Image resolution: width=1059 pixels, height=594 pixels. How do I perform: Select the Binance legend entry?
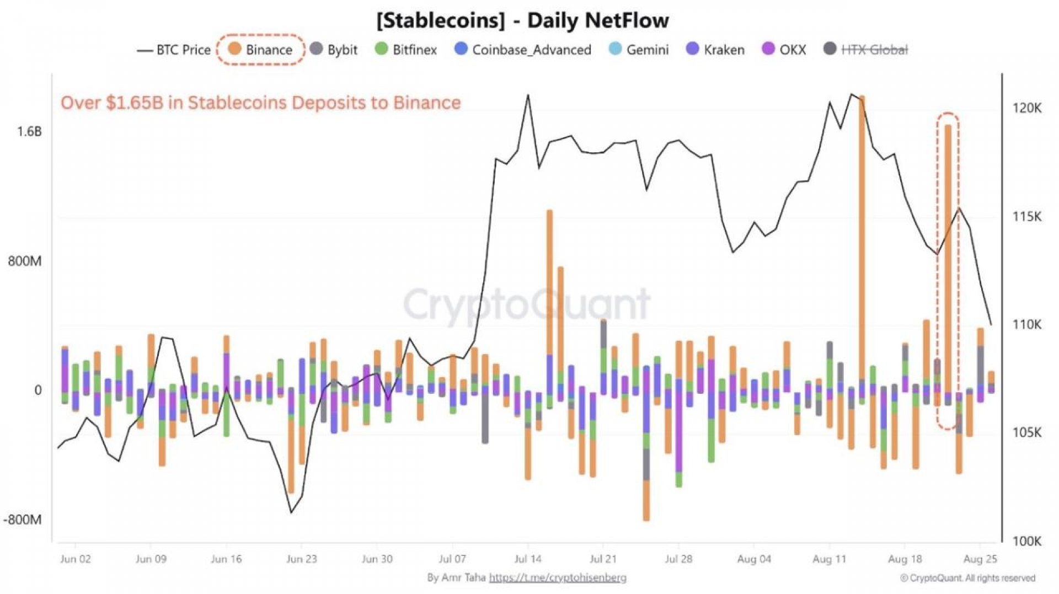coord(261,50)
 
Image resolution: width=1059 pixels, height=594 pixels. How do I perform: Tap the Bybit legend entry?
coord(334,50)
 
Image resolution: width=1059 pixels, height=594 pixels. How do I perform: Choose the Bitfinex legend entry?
coord(407,50)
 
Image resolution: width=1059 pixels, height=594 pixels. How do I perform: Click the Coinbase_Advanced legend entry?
coord(523,50)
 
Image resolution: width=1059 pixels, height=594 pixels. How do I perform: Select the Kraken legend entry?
coord(715,50)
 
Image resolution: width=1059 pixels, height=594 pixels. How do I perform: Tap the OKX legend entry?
coord(784,50)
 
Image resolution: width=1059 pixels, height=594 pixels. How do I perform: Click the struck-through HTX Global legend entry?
coord(866,50)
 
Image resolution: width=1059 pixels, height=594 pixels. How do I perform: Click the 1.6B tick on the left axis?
coord(29,131)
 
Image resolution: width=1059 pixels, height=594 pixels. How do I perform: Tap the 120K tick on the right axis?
coord(1026,108)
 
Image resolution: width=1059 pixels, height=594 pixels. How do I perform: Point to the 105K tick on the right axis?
coord(1026,432)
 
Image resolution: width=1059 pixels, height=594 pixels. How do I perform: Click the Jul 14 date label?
coord(528,559)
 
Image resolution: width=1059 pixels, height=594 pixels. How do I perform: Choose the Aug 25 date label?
coord(980,559)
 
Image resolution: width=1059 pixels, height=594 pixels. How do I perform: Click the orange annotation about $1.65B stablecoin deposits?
coord(260,103)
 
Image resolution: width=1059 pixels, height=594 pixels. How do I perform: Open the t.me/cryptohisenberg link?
coord(558,577)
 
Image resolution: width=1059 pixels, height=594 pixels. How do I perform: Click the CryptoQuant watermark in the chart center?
coord(527,304)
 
